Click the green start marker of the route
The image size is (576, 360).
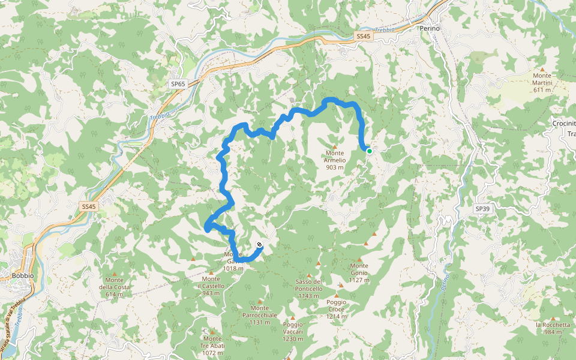tap(370, 151)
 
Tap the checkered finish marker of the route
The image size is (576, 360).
tap(259, 244)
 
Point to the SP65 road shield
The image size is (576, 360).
tap(177, 84)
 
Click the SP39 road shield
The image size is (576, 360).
tap(482, 208)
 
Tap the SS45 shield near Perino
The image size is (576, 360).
tap(364, 37)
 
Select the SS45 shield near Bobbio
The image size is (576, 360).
tap(88, 206)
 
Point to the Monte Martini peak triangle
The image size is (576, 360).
tap(542, 70)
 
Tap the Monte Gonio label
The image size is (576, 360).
tap(359, 269)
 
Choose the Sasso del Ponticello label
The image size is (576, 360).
tap(309, 289)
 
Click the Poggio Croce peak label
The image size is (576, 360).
tap(337, 308)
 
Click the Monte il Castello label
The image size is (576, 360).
tap(211, 286)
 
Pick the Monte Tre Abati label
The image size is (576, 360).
tap(212, 345)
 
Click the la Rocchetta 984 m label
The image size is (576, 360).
tap(553, 328)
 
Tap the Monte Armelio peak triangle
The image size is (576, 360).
tap(335, 146)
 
